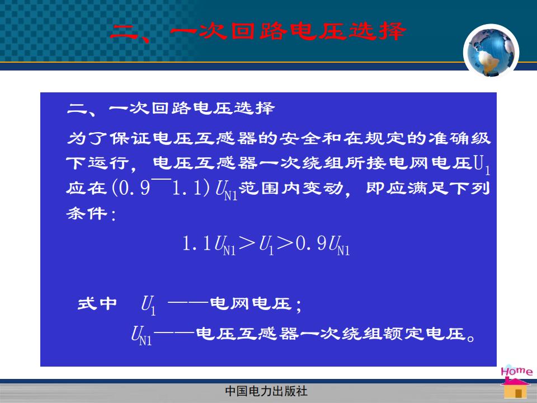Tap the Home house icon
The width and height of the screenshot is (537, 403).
tap(516, 383)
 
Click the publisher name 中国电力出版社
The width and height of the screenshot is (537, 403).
tap(266, 391)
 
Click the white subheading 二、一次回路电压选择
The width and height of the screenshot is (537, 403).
tap(171, 109)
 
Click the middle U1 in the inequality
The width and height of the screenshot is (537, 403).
tap(266, 245)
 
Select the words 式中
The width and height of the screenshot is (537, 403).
tap(97, 303)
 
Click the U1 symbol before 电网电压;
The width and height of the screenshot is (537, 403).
tap(148, 305)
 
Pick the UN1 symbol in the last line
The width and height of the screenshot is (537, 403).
tap(141, 335)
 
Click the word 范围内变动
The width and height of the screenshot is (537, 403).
tap(290, 188)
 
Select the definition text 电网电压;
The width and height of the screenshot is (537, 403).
tap(256, 304)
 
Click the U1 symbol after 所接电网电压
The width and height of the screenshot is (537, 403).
tap(482, 165)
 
